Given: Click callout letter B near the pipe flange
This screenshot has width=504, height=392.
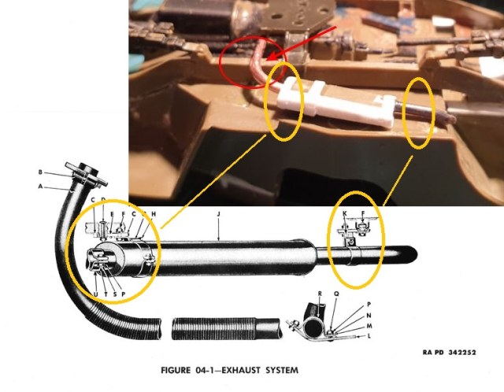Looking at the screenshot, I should (x=40, y=172).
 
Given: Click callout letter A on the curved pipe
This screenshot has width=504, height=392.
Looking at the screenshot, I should (x=40, y=187).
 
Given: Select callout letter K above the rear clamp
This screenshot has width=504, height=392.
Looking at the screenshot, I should (x=344, y=213).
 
